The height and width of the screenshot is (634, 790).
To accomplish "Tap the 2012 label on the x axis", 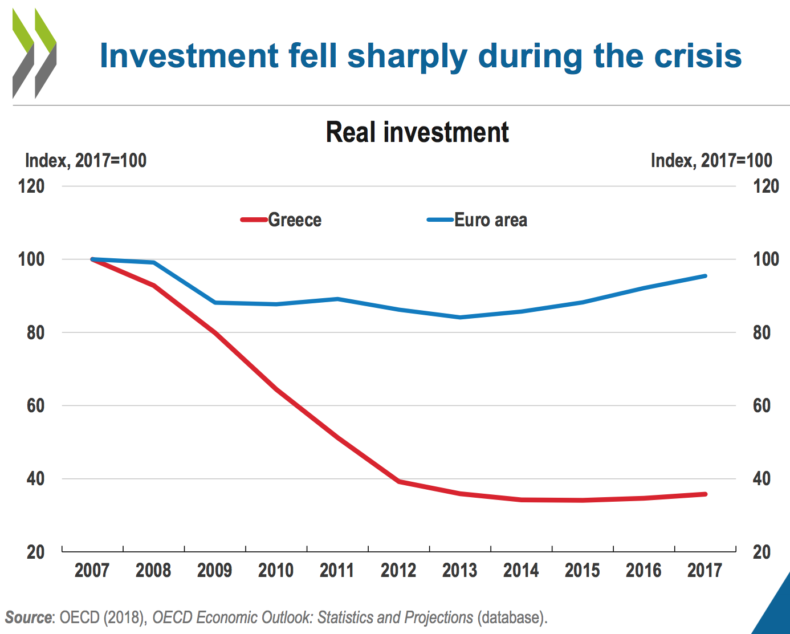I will click(x=398, y=570).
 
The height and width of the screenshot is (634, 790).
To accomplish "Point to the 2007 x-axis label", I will click(x=92, y=570).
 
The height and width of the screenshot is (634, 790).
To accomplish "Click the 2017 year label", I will click(x=705, y=570).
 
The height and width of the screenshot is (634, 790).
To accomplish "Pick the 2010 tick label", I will click(x=276, y=570).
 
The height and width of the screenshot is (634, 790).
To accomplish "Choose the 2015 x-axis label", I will click(x=582, y=570).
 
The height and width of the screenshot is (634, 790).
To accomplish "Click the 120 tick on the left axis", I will click(x=31, y=186).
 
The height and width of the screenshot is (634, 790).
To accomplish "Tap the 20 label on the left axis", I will click(x=35, y=552).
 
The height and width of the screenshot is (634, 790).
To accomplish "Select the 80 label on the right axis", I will click(x=762, y=332).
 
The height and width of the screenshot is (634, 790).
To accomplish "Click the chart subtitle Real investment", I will click(x=417, y=132).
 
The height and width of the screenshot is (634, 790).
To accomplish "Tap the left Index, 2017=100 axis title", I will click(x=86, y=161).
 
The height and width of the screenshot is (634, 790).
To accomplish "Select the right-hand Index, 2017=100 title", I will click(x=711, y=161).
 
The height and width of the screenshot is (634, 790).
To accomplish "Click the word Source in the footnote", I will click(x=28, y=617).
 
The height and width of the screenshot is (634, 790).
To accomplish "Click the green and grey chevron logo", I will click(x=34, y=54).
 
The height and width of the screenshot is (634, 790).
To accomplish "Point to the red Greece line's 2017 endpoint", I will click(x=705, y=494).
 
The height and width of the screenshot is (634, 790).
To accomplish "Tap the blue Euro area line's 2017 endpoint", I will click(x=705, y=276).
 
